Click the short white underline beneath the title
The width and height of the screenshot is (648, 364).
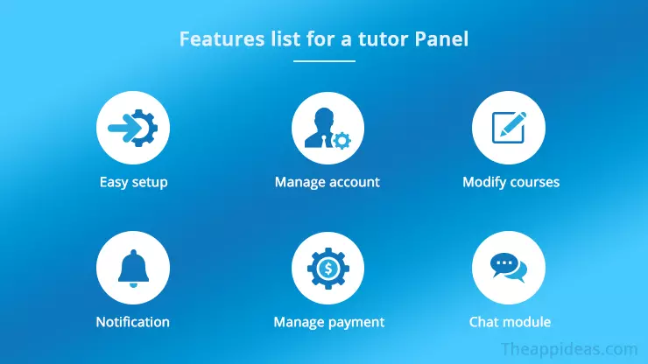(x=324, y=61)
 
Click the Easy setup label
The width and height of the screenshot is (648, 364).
(x=133, y=183)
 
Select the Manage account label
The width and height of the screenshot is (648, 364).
(x=328, y=183)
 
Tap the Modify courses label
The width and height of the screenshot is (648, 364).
(x=511, y=183)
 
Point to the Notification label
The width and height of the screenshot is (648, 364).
(x=133, y=322)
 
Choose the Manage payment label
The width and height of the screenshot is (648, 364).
(x=328, y=322)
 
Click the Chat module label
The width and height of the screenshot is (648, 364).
(x=510, y=322)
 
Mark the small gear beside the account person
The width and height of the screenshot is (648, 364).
(x=342, y=139)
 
